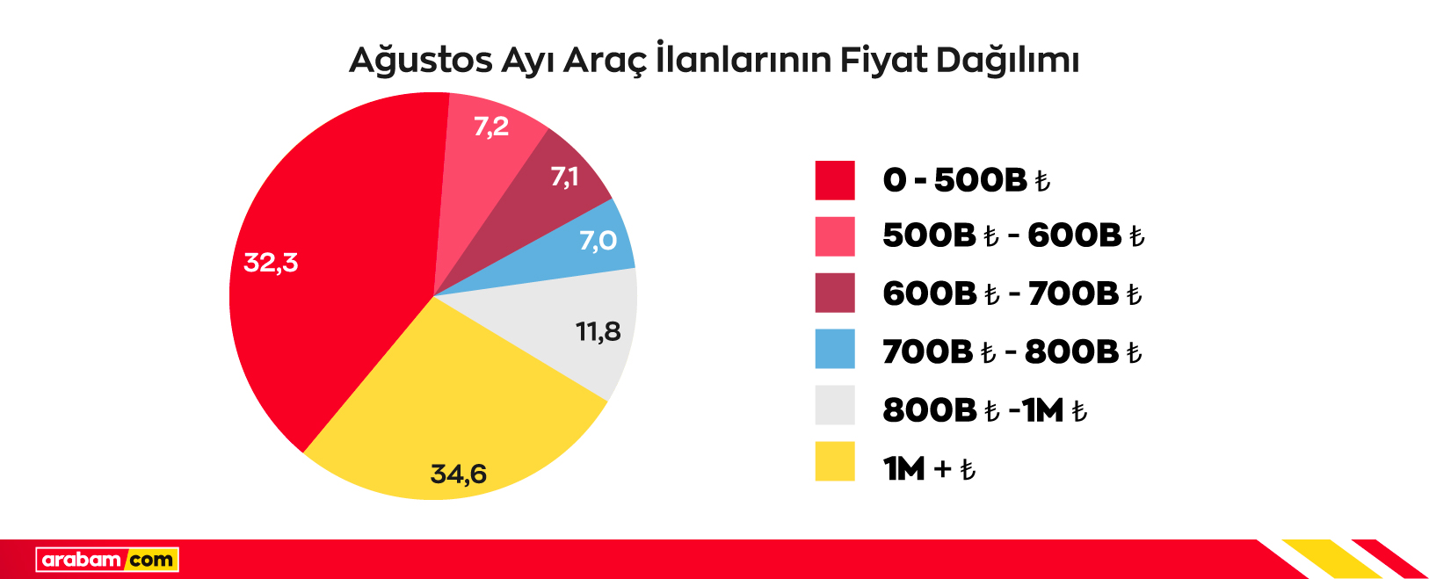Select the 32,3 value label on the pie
[271, 262]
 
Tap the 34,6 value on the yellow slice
[458, 474]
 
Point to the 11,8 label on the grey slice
[598, 331]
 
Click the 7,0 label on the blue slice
[598, 240]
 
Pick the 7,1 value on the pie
[564, 177]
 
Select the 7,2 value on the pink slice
[491, 127]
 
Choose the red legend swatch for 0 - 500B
[835, 180]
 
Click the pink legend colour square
[835, 236]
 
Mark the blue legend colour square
[835, 349]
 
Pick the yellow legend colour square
[835, 461]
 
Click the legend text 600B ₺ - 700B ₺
[1012, 293]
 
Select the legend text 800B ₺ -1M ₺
[984, 410]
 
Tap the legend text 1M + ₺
[929, 468]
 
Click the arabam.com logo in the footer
[107, 560]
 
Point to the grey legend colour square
[835, 405]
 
